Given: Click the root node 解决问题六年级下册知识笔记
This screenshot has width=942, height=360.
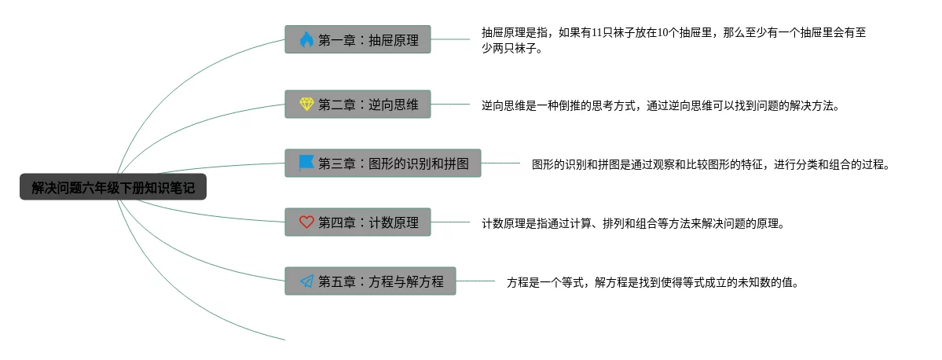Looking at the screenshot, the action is (113, 187).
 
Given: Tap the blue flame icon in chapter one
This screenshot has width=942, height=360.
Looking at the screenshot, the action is (306, 39).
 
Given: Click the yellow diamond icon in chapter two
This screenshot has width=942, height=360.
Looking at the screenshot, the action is (306, 104).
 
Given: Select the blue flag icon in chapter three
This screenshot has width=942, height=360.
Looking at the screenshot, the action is (306, 163).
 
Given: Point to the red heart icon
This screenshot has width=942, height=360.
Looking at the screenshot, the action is (306, 222).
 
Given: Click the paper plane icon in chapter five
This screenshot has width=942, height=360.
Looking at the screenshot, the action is (306, 281).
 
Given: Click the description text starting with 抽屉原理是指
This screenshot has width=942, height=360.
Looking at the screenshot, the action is (673, 40).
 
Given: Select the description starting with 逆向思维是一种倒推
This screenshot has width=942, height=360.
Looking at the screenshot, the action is (661, 105).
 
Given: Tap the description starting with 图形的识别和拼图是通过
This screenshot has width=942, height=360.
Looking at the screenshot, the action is (710, 164).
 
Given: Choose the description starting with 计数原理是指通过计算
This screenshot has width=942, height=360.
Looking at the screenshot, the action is (633, 223).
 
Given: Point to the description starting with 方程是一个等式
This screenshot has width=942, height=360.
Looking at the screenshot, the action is (653, 282).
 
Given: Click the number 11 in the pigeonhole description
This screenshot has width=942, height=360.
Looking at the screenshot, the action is (601, 33).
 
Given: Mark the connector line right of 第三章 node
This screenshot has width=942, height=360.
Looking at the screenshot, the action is (500, 163).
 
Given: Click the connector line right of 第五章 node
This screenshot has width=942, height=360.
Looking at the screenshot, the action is (475, 281).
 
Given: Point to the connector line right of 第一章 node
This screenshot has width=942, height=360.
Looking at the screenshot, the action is (450, 39).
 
